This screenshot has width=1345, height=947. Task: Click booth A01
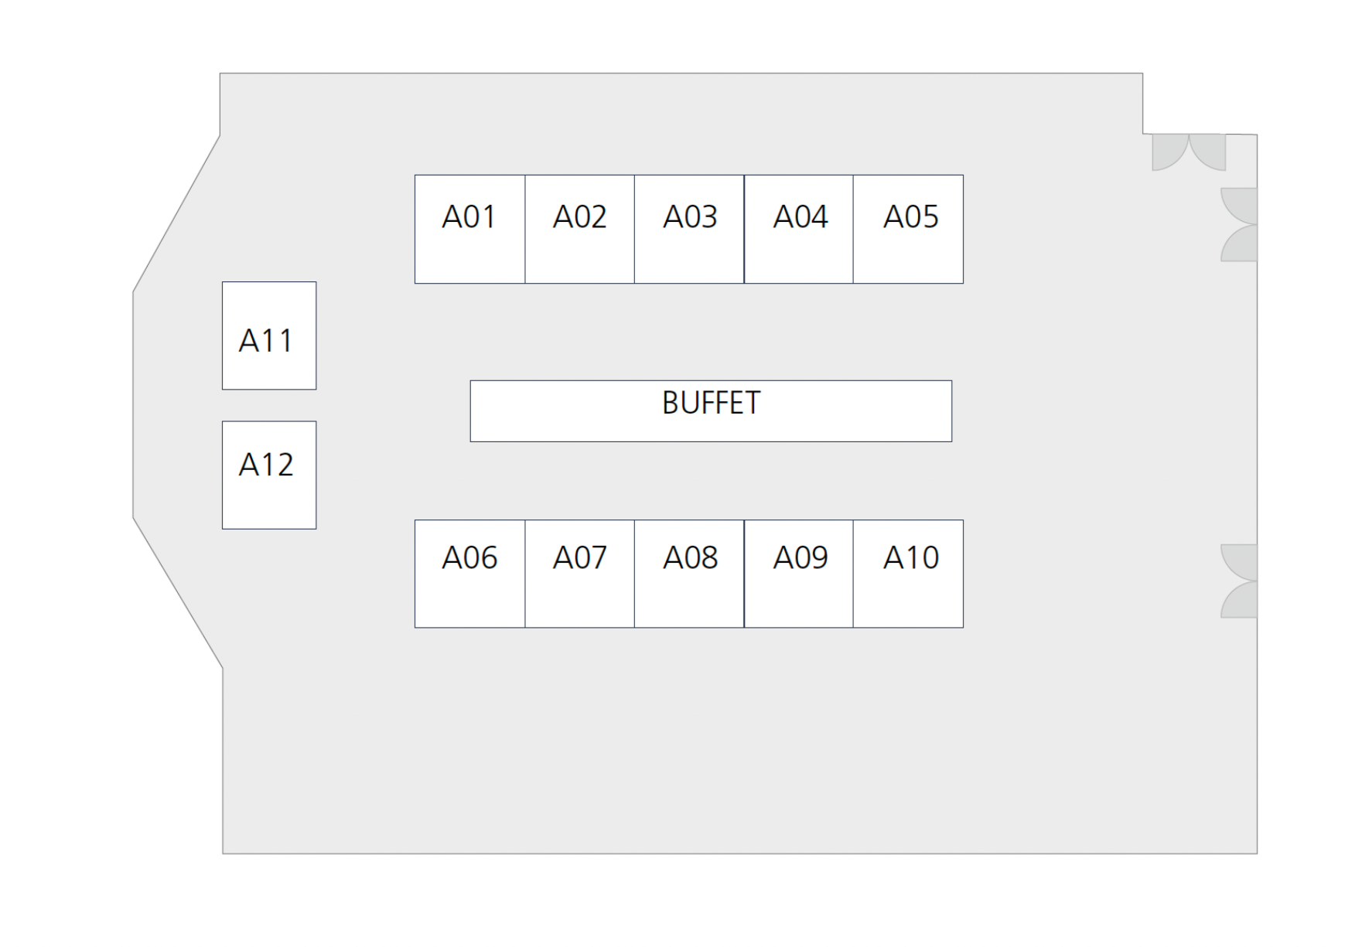469,229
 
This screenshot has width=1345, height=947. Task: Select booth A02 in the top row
579,229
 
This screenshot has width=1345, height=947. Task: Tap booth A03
689,229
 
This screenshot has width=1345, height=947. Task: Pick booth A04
799,229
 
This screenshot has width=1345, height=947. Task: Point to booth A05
908,229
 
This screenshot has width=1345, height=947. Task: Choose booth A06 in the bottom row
469,574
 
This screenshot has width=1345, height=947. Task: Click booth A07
579,574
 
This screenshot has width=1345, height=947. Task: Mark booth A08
689,574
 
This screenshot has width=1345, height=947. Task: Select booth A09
799,574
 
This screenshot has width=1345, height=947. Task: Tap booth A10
908,574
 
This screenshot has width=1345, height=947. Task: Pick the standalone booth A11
269,336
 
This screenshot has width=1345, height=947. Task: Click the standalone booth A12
269,475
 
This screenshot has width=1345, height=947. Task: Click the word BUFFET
712,403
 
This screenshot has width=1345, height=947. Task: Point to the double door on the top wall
1189,152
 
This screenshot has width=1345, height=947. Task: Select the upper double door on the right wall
1239,224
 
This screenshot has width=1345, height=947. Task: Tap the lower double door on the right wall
1239,581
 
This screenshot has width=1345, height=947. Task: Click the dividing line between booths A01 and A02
525,229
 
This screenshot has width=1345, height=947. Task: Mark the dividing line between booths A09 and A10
853,574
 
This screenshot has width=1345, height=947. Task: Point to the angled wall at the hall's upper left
176,214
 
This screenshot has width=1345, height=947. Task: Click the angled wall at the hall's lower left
178,593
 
